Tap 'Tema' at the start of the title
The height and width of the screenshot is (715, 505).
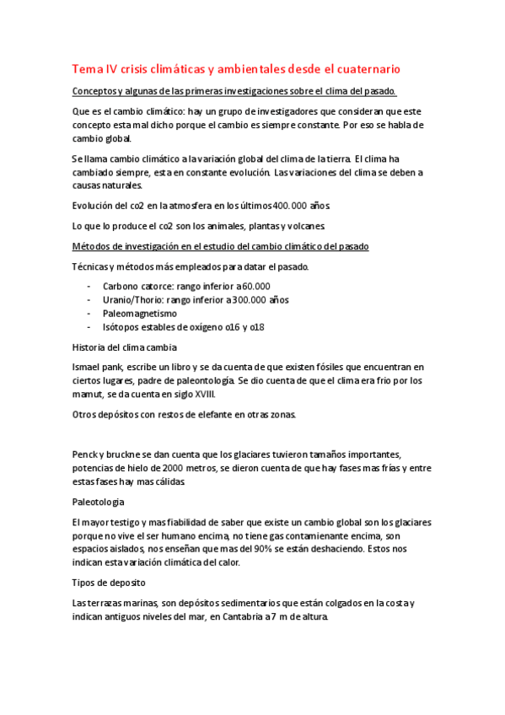point(86,69)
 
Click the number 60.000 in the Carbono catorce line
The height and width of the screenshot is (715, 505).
point(254,287)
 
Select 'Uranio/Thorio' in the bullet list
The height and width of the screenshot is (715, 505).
point(133,300)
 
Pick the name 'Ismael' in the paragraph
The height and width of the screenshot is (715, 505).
point(89,367)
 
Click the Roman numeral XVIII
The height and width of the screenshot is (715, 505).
point(202,394)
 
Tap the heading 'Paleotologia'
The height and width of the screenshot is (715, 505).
point(100,502)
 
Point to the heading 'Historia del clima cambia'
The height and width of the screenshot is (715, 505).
point(126,347)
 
